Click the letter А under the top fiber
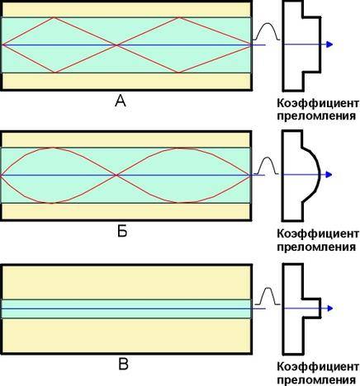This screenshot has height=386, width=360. coord(121,101)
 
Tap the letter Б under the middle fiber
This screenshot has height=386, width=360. coord(122,232)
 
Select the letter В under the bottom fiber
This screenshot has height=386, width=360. coord(123,365)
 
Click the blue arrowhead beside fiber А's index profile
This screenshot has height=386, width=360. coord(329,45)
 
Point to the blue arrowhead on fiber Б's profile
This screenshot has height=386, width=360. coord(329,175)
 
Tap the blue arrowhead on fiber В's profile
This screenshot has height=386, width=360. coord(329,308)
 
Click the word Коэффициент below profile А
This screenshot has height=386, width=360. coord(318,104)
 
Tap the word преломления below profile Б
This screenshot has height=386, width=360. coord(316,247)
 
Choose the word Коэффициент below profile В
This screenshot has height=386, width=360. coord(318,366)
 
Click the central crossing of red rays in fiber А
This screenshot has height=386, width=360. coord(117,45)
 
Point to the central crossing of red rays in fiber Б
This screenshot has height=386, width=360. coord(116,175)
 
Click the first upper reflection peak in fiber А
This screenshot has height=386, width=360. coord(54,17)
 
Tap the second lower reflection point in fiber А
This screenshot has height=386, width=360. coord(178,73)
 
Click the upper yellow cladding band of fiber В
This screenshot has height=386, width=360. coord(127,282)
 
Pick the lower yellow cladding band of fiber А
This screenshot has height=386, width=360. coord(127,81)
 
